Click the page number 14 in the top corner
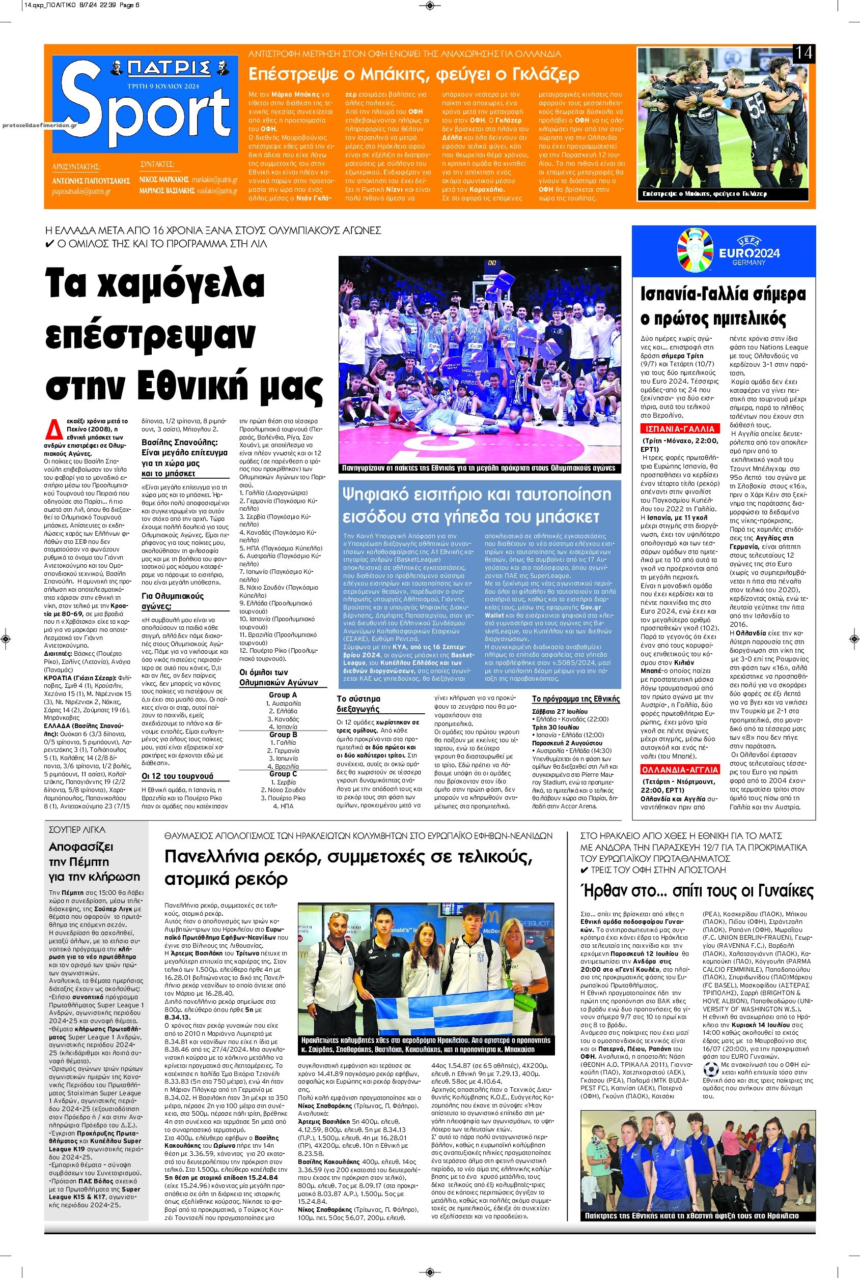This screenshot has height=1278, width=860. (804, 54)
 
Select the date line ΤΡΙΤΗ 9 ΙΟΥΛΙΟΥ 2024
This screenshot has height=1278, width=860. (161, 86)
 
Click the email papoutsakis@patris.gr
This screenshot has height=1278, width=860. (79, 192)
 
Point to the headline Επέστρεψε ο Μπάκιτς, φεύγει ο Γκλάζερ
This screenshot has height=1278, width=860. (414, 73)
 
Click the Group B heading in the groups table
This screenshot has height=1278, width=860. (283, 734)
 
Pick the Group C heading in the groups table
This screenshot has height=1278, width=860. (283, 774)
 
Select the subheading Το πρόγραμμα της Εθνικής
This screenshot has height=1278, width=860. (576, 699)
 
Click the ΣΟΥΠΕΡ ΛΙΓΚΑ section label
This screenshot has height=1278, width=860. (77, 830)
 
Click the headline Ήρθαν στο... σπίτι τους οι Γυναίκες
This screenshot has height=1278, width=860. (697, 890)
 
